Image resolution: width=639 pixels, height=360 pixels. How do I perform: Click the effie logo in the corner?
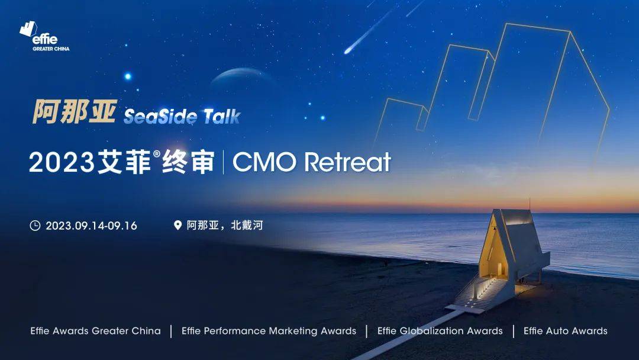[44, 36]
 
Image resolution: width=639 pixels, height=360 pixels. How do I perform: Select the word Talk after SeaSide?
[221, 116]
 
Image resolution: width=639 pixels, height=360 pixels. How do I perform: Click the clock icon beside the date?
[35, 226]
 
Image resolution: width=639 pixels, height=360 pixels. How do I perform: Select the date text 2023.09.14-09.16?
[91, 226]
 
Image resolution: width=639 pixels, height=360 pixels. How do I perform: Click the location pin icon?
[177, 226]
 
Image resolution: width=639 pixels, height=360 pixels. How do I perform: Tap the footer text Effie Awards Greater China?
[95, 331]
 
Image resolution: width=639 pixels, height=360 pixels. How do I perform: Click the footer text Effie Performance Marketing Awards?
[269, 331]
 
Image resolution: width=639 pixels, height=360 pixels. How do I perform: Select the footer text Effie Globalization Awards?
[440, 331]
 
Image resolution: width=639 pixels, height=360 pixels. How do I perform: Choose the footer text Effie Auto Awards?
[565, 331]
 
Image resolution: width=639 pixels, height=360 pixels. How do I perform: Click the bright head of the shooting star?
[348, 50]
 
